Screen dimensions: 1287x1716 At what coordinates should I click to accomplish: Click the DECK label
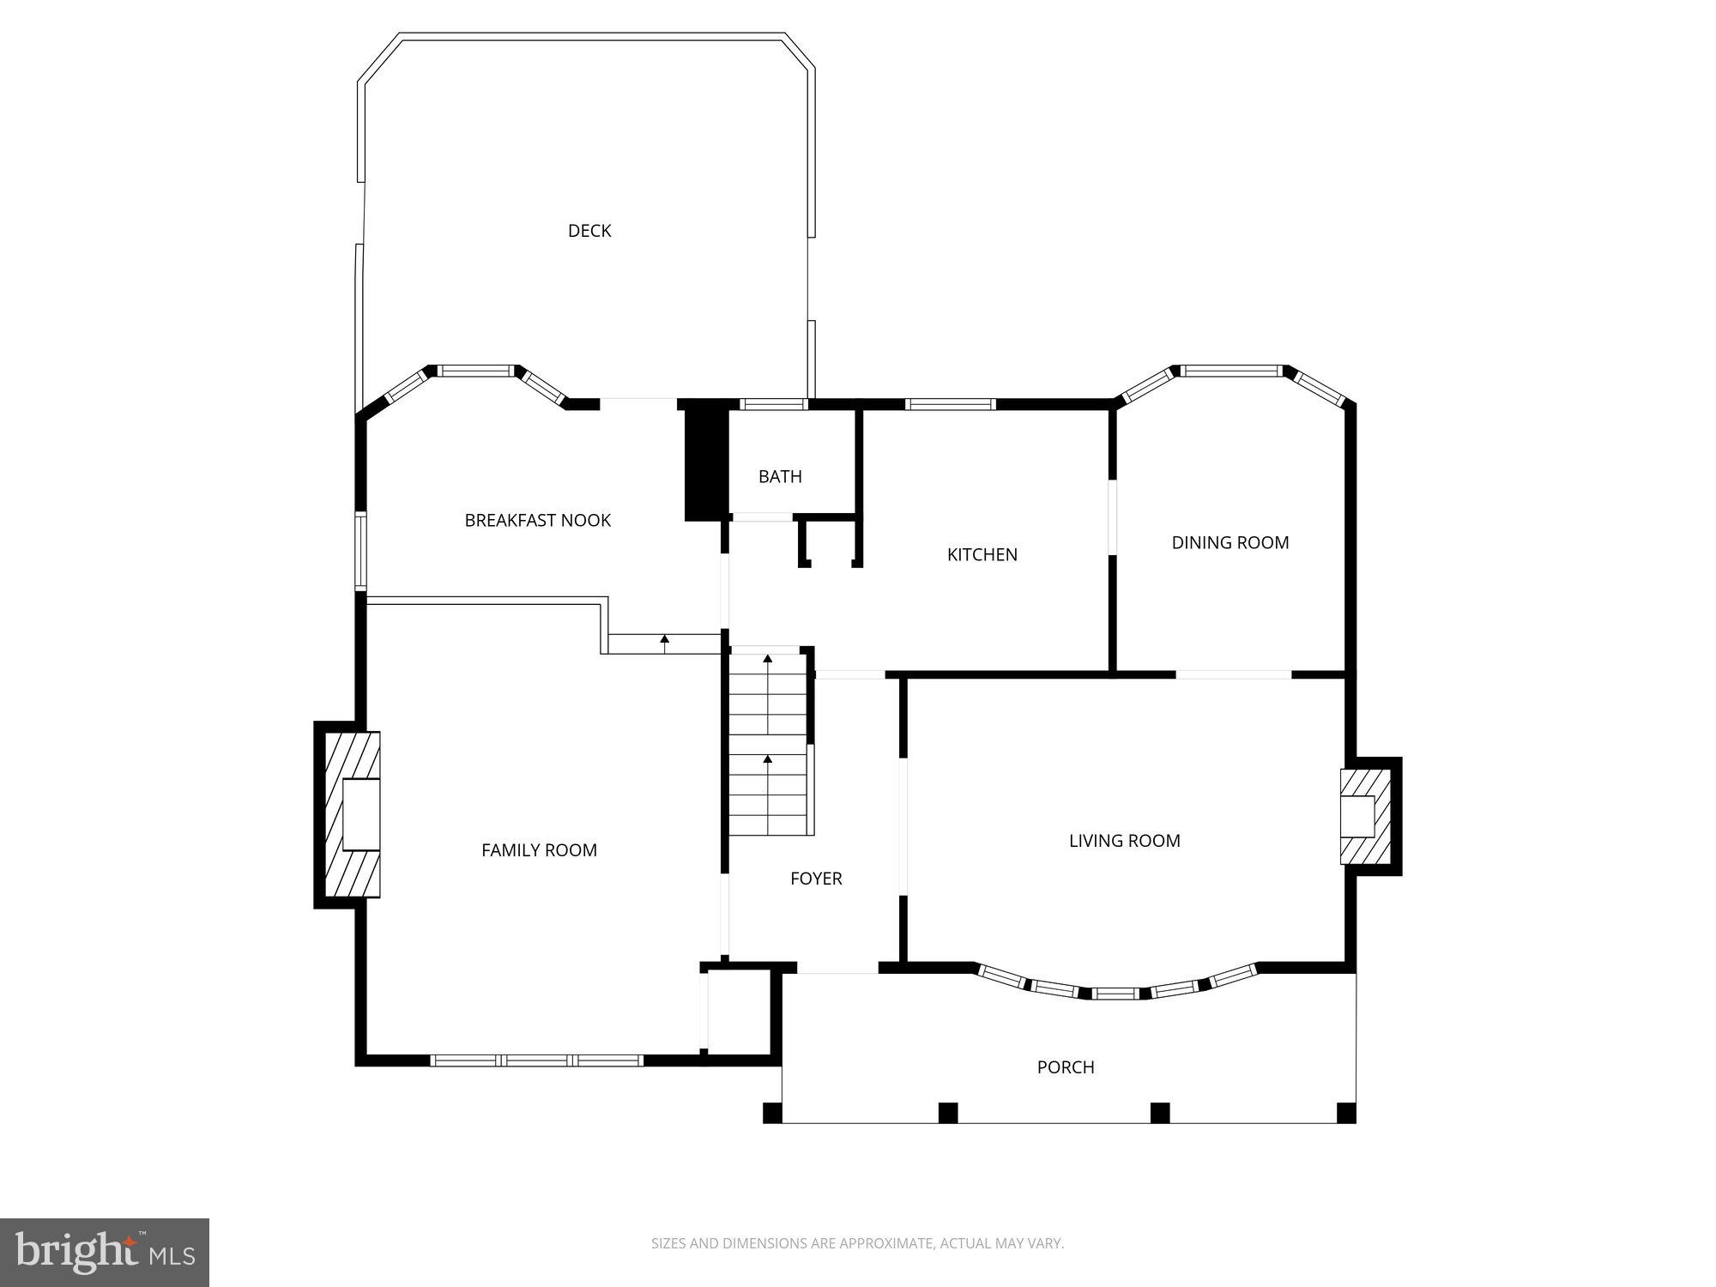tap(589, 231)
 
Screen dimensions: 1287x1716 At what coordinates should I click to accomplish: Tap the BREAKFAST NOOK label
tap(538, 520)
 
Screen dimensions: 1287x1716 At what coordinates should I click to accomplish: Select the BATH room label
tap(780, 476)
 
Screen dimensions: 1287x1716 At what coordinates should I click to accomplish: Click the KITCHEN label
tap(982, 554)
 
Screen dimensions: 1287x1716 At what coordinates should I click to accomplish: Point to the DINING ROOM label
tap(1230, 542)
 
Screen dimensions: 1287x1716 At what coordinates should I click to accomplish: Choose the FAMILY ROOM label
tap(539, 850)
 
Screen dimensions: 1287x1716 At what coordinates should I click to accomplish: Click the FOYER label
tap(816, 879)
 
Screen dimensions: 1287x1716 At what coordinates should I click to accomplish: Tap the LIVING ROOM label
tap(1124, 841)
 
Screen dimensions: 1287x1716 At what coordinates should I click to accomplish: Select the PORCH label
tap(1066, 1067)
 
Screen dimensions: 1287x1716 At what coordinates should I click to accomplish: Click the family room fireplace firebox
tap(360, 814)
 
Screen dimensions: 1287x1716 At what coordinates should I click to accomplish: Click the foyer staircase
tap(768, 743)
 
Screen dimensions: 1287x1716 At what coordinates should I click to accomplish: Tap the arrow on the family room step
tap(665, 639)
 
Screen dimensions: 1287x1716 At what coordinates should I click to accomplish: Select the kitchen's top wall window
tap(950, 404)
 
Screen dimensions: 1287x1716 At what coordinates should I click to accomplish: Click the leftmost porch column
tap(772, 1113)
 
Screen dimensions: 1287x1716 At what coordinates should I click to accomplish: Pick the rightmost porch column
tap(1346, 1113)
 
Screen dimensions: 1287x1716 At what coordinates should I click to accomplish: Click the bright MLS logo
tap(105, 1252)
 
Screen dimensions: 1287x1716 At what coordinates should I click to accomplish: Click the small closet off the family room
tap(740, 1011)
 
